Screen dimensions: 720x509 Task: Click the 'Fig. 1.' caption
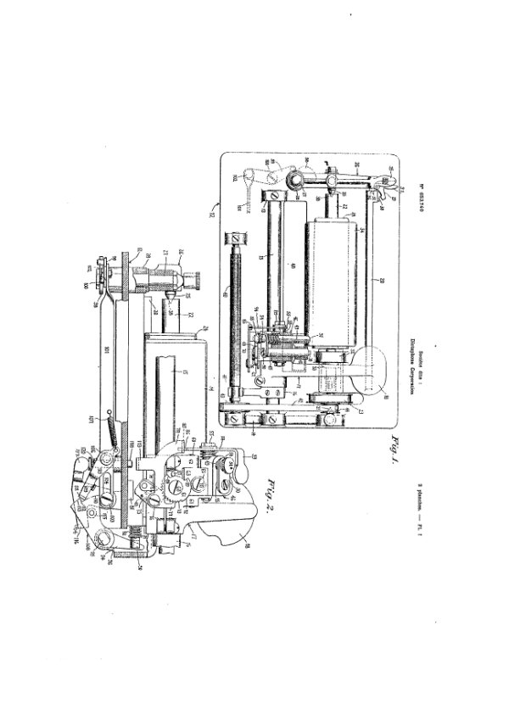(x=391, y=456)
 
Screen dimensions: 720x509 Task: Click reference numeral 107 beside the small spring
(x=103, y=416)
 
